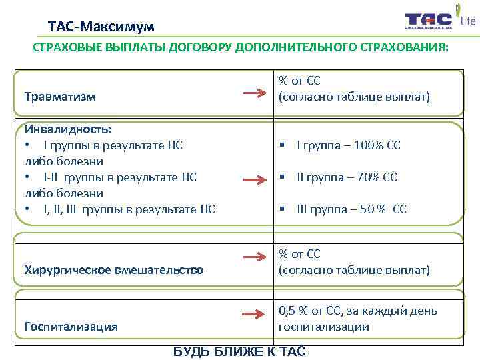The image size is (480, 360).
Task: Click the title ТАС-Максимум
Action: point(101,27)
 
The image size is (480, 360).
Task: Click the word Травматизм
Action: point(60,97)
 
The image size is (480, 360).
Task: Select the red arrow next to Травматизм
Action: point(255,95)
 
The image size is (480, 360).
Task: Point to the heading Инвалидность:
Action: point(67,129)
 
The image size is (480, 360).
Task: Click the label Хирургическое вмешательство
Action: point(114,270)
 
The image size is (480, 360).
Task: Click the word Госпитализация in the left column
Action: point(71,327)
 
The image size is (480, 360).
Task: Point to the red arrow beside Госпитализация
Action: point(255,313)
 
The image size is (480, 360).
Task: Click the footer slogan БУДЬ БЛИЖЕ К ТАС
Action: point(239,351)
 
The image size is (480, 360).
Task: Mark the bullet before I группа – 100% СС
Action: point(283,145)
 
